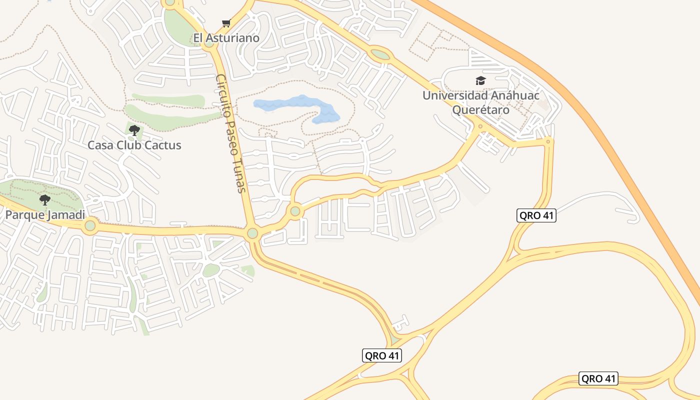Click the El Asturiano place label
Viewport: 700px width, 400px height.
[x=226, y=38]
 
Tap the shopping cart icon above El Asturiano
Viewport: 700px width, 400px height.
[x=226, y=23]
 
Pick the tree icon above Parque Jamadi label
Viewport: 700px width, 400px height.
[x=45, y=200]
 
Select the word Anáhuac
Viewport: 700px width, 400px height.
[x=514, y=95]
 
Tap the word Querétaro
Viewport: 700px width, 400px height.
[x=480, y=110]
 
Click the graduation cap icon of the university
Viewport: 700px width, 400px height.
[x=480, y=80]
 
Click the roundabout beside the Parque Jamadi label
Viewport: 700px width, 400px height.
[x=90, y=225]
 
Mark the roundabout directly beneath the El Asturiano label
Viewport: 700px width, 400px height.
[x=209, y=44]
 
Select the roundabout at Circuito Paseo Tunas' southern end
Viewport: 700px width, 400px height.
[x=252, y=233]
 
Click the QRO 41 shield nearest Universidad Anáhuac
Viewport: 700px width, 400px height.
[x=536, y=216]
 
